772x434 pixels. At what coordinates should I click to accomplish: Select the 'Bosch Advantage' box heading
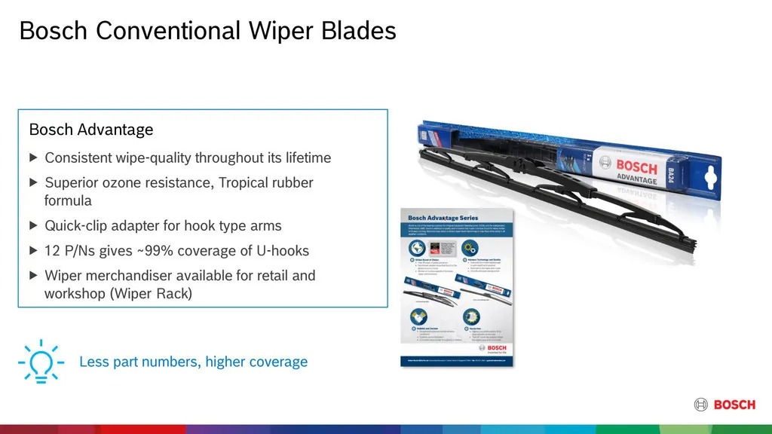click(x=90, y=130)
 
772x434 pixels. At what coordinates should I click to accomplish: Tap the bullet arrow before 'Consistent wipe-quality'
click(x=33, y=158)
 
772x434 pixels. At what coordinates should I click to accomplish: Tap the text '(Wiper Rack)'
click(x=151, y=294)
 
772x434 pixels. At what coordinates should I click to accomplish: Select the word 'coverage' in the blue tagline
click(x=276, y=362)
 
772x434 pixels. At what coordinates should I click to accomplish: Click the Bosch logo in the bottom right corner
click(x=725, y=405)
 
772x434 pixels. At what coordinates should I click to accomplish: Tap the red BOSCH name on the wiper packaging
click(x=636, y=166)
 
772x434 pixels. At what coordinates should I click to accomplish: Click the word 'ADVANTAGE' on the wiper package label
click(x=636, y=179)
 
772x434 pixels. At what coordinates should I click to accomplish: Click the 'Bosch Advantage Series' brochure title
click(x=443, y=219)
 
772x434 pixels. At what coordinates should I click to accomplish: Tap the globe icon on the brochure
click(x=418, y=248)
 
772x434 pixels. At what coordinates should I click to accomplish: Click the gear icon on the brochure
click(x=469, y=248)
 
